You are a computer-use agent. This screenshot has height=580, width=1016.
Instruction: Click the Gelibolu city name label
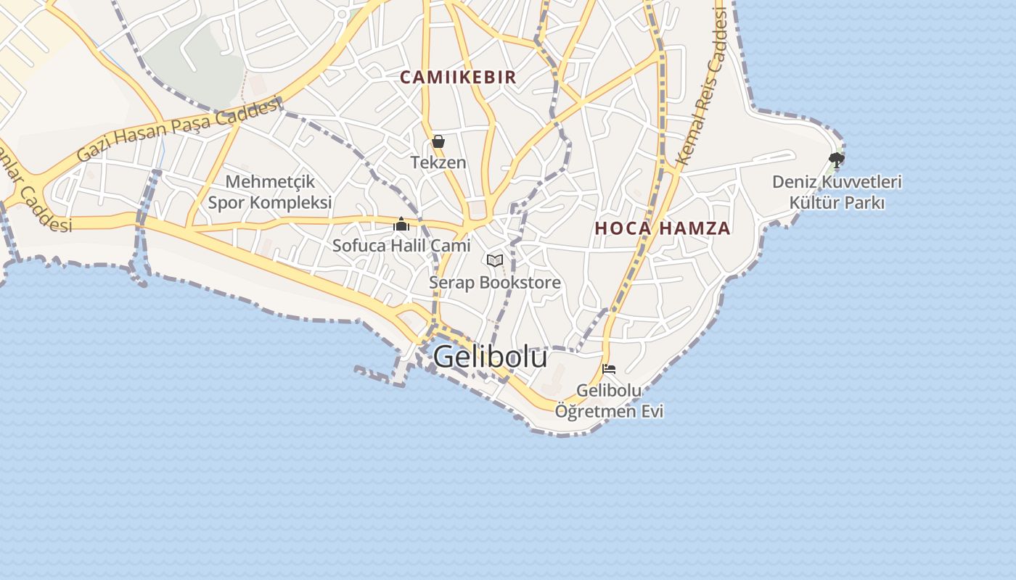tap(490, 357)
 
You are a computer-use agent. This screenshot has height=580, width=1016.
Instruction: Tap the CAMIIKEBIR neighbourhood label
tap(458, 77)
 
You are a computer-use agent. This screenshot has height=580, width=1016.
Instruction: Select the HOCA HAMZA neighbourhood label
tap(663, 228)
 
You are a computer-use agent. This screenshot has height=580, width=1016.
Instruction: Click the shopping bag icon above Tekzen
tap(438, 141)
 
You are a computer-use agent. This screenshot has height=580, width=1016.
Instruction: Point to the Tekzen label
tap(438, 162)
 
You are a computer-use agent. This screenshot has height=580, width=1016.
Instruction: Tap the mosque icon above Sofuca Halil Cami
tap(401, 225)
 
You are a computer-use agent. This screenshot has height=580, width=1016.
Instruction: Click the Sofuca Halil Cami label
tap(401, 246)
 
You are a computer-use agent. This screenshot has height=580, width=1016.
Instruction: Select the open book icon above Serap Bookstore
tap(495, 260)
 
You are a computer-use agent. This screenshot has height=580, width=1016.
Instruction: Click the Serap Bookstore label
tap(495, 282)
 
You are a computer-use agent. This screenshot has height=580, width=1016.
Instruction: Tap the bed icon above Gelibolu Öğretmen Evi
tap(609, 369)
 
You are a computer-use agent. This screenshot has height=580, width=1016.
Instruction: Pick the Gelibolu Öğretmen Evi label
tap(609, 401)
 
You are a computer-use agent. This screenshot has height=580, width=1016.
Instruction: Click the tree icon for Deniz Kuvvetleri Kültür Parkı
tap(836, 159)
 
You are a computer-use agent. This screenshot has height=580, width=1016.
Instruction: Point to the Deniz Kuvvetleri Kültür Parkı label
tap(837, 192)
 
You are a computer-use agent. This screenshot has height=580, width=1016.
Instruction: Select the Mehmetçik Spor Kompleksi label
tap(270, 192)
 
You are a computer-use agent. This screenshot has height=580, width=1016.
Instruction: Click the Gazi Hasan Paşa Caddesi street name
tap(179, 130)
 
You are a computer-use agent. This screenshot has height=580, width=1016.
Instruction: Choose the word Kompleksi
tap(290, 202)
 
